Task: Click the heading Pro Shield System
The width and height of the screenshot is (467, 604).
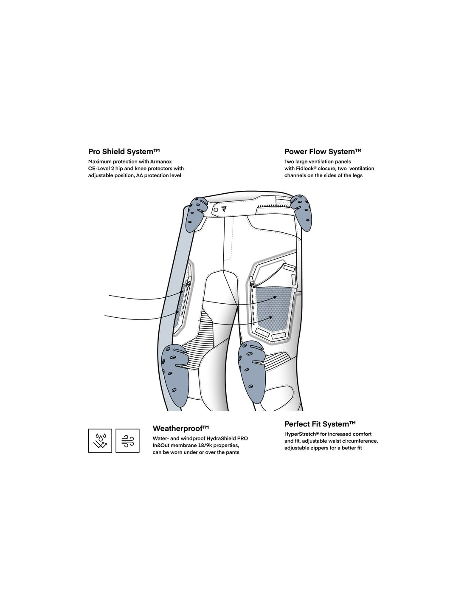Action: click(x=124, y=152)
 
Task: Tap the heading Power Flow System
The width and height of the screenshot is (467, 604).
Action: click(x=323, y=152)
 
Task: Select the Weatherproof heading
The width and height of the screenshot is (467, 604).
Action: click(x=180, y=428)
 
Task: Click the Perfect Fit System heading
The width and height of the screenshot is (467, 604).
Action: click(x=320, y=424)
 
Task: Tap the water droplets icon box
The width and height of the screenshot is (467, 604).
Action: click(x=100, y=440)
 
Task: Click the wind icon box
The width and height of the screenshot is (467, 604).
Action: click(x=127, y=440)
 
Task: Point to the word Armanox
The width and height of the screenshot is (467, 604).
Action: click(x=161, y=161)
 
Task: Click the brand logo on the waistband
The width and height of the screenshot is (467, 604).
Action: click(x=224, y=209)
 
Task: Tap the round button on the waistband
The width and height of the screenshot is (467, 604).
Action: click(x=216, y=209)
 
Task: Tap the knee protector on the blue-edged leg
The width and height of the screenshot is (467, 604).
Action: click(x=175, y=375)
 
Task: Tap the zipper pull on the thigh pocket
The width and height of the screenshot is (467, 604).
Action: click(x=252, y=283)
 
